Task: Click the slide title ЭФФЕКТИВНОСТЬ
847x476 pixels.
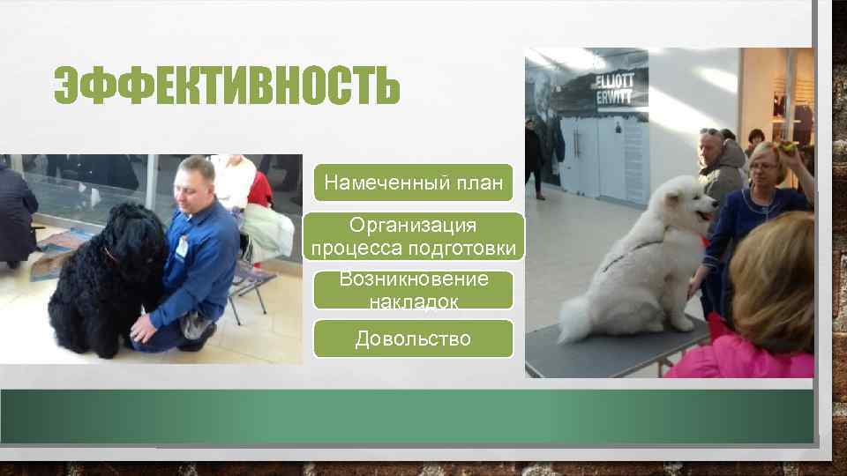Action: (x=227, y=86)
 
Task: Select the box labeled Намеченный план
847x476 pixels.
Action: (x=414, y=182)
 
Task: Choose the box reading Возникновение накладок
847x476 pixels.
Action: (x=414, y=290)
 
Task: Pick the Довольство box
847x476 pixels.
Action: (x=413, y=338)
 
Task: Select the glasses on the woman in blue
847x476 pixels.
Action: (x=764, y=167)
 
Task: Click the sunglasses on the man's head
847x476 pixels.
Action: (x=709, y=132)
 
